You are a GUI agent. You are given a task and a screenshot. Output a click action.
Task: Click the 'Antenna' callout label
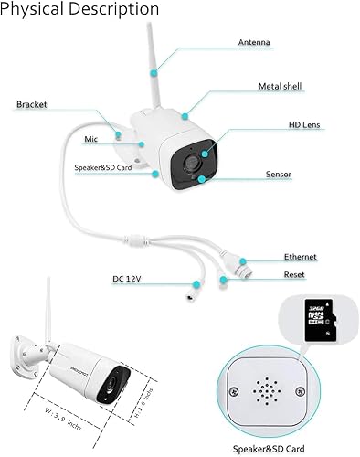[253, 43]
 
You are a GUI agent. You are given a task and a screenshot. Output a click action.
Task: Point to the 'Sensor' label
[278, 174]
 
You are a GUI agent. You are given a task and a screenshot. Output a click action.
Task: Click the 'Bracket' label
[31, 105]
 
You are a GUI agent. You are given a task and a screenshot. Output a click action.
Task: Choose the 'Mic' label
[90, 139]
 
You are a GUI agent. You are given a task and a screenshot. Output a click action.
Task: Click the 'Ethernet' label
[301, 259]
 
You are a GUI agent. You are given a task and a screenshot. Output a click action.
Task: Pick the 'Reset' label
[294, 274]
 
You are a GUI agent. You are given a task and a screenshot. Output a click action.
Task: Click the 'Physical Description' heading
[80, 9]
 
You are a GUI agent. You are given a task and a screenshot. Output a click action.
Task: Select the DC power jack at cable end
[193, 297]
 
